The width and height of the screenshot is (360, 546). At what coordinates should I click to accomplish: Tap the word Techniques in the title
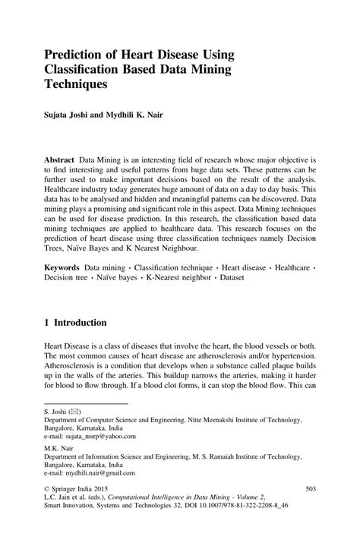(x=79, y=87)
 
